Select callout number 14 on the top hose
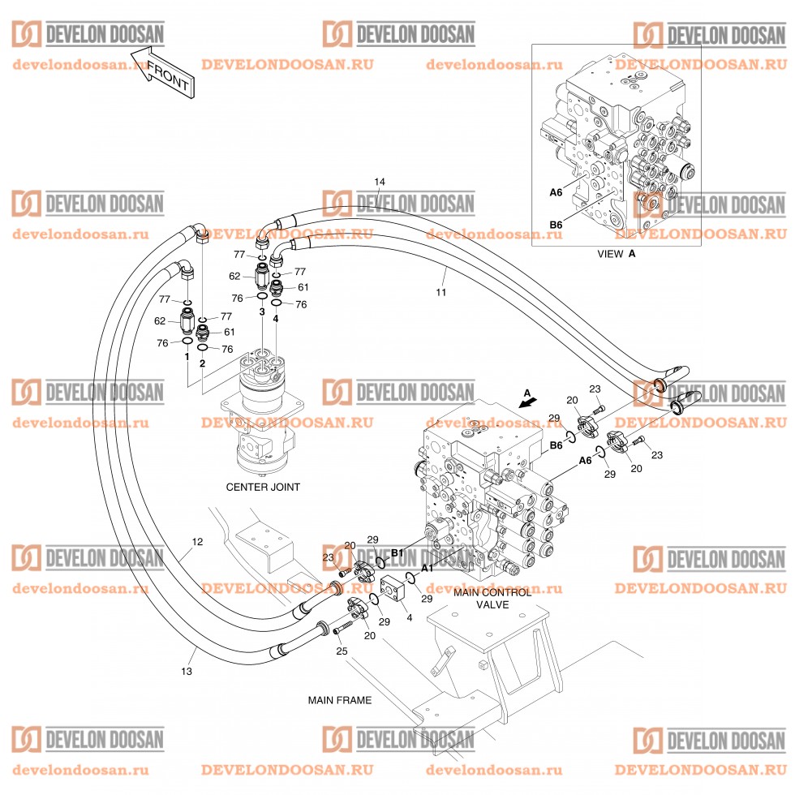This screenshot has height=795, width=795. click(x=380, y=181)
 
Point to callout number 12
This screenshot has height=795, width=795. click(x=197, y=541)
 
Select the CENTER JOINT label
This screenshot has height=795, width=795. click(x=263, y=488)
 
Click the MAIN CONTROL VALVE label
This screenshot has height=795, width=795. click(x=492, y=598)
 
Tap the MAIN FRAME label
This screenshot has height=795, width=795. click(x=339, y=699)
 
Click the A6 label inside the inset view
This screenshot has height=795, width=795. click(x=556, y=193)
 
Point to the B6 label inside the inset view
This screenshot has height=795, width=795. click(x=556, y=225)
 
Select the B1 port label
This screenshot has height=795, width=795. click(x=397, y=552)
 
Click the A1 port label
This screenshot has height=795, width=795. click(x=427, y=569)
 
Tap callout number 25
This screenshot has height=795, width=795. click(x=341, y=651)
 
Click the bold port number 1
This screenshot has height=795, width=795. click(x=187, y=356)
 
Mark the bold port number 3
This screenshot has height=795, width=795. click(x=262, y=311)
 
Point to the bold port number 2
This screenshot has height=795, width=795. click(x=202, y=363)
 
